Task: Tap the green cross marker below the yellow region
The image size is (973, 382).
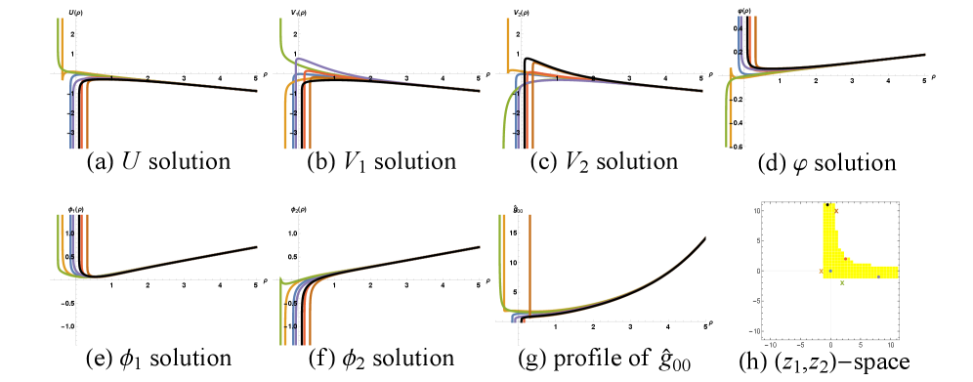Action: (x=842, y=282)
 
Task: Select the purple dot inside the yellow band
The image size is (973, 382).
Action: (x=878, y=276)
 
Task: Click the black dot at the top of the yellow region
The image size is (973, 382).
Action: (x=827, y=204)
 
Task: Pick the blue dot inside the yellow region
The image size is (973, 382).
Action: (x=830, y=271)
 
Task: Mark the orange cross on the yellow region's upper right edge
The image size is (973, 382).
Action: (x=836, y=210)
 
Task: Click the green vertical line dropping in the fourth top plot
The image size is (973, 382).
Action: (x=728, y=117)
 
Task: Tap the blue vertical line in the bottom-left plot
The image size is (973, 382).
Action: (x=72, y=234)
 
